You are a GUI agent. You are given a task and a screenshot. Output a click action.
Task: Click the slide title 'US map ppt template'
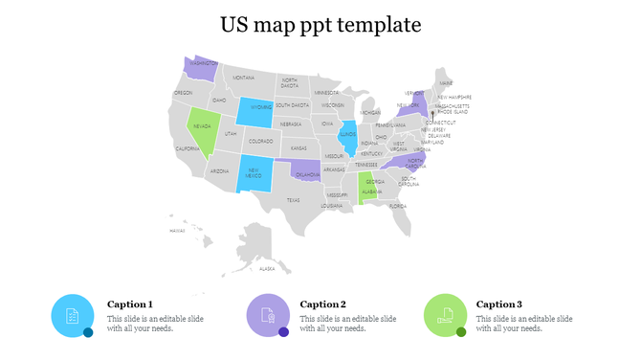coord(320,24)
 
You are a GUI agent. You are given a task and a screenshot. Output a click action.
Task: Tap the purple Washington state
coord(200,67)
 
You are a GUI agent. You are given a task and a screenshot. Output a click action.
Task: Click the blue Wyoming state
coord(255,111)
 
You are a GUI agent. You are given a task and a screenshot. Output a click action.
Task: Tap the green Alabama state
coord(365,188)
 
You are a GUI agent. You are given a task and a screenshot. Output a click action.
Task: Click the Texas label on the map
coord(293,200)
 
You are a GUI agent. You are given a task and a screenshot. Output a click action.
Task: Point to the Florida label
coord(397,206)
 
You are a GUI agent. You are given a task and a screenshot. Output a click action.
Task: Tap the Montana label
coord(244,78)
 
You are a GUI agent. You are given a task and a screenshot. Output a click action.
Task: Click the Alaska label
coord(267,269)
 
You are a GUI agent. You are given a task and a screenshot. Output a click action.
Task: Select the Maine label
coord(446,83)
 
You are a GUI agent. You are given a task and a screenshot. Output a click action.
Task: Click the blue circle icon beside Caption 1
coord(72,316)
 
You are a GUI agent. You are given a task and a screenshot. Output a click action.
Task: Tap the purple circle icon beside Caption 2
coord(267,316)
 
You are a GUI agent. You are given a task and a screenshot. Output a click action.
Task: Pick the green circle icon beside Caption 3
coord(444,316)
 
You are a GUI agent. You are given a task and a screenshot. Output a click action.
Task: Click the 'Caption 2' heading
coord(322,304)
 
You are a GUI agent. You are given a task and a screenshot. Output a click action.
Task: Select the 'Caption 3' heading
coord(498,304)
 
